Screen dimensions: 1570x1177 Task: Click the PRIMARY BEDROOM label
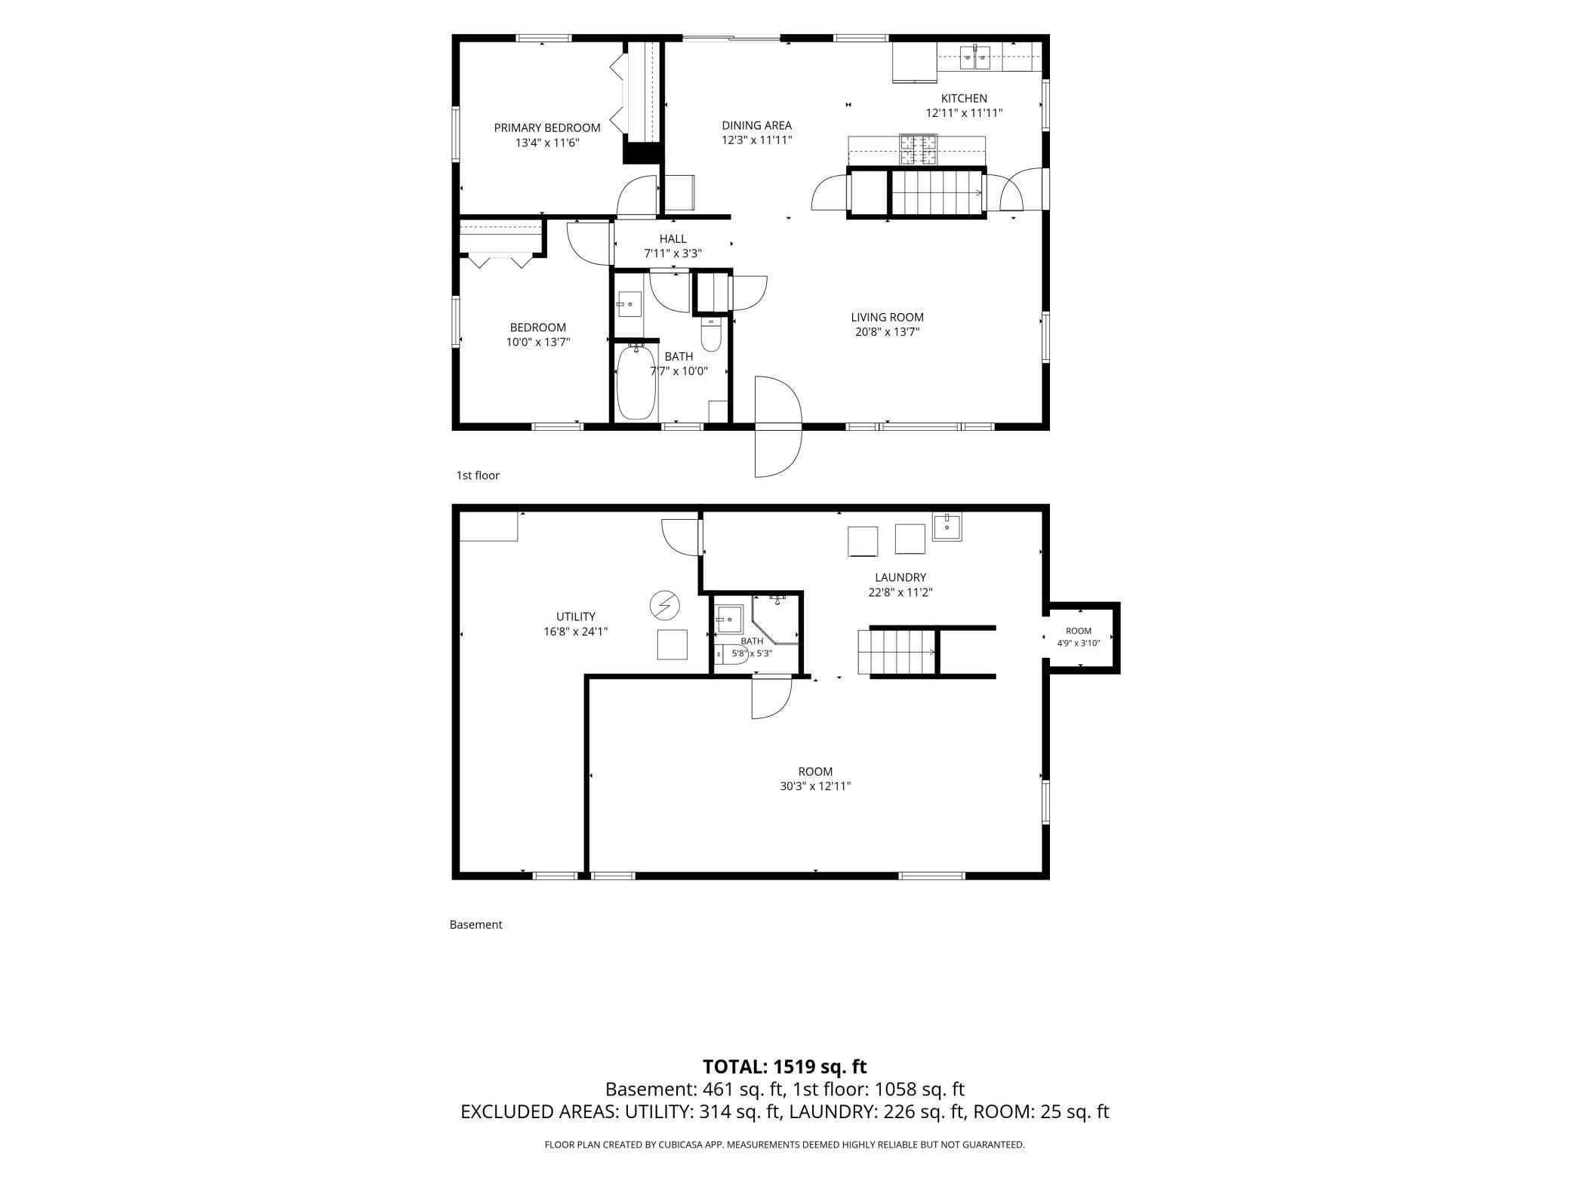click(547, 128)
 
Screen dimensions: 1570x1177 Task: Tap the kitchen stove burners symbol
click(918, 149)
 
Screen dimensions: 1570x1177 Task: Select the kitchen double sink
click(975, 57)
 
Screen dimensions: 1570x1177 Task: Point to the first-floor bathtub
click(637, 382)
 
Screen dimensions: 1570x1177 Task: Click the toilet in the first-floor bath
click(711, 334)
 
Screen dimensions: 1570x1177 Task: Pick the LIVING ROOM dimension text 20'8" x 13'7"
click(887, 332)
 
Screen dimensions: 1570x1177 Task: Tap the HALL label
click(673, 239)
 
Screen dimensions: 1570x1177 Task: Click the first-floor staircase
click(937, 192)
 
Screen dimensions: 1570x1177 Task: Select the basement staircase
click(897, 652)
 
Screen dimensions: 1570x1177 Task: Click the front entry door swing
click(777, 426)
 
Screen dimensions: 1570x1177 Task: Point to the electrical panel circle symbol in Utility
click(664, 605)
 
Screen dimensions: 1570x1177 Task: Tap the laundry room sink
click(947, 526)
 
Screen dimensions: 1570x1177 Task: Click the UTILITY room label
click(576, 616)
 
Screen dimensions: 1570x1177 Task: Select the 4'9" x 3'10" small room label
click(1079, 643)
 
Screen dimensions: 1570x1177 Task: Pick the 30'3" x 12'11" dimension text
click(815, 786)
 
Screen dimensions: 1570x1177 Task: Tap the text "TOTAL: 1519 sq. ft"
click(784, 1067)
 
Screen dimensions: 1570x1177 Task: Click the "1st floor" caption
click(478, 475)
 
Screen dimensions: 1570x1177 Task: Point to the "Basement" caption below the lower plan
click(476, 924)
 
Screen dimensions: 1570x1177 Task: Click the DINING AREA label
click(756, 125)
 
